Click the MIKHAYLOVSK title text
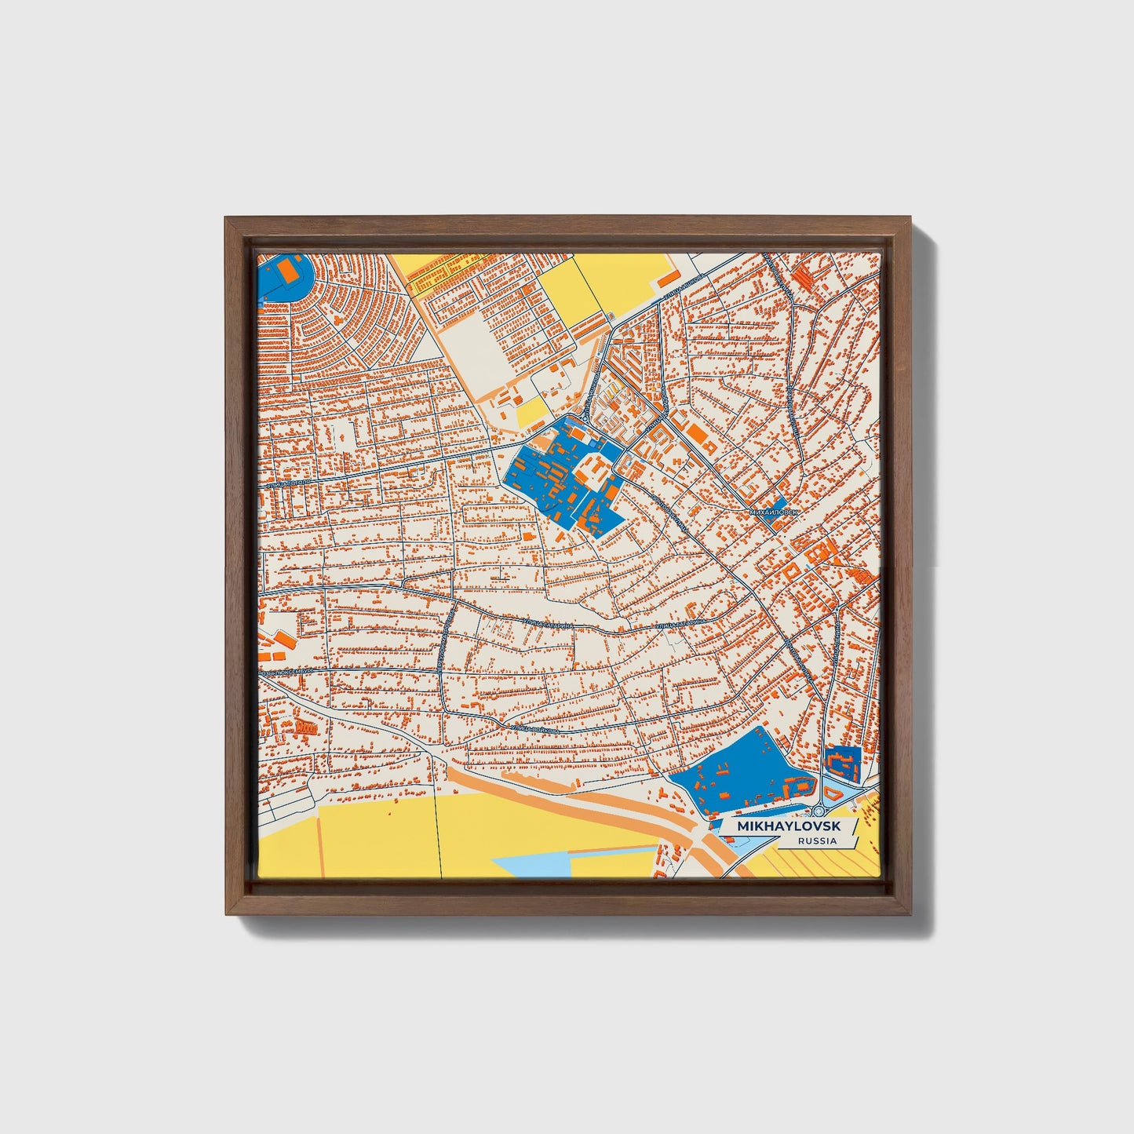pos(788,827)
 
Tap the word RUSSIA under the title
pos(816,841)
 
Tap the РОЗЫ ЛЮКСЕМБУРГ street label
pos(286,673)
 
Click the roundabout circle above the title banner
pos(821,811)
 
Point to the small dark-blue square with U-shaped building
pos(842,761)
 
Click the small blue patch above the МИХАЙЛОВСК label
pos(779,502)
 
